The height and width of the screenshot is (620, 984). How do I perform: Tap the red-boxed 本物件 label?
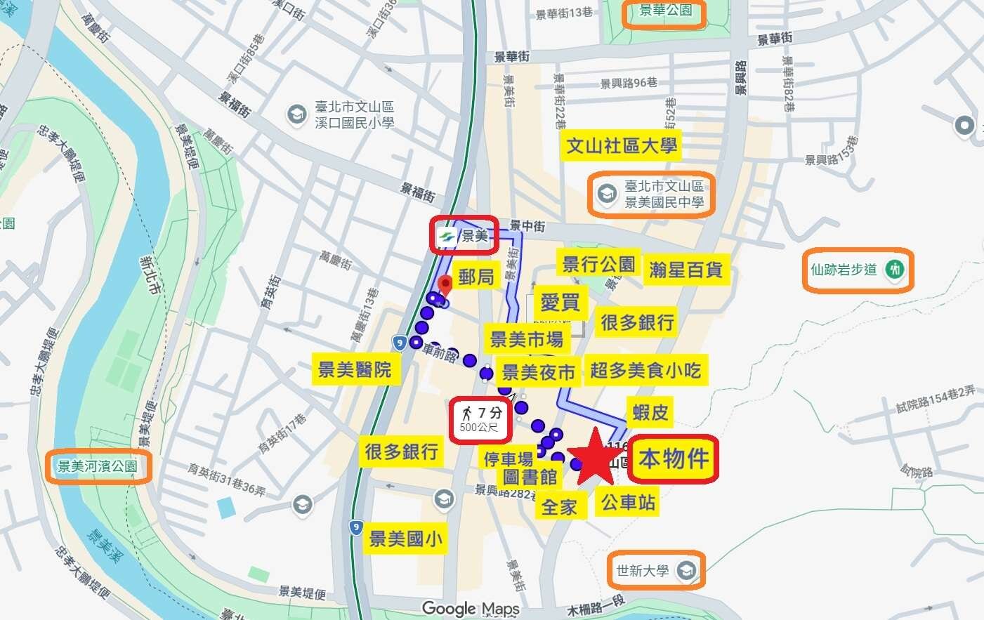(674, 459)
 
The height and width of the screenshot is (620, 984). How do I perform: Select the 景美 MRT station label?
(465, 235)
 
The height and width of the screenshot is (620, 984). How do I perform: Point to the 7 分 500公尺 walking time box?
(480, 420)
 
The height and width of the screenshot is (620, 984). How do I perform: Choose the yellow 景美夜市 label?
(538, 372)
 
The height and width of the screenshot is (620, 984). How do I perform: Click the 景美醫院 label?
(355, 369)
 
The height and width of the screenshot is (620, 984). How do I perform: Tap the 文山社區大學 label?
(622, 146)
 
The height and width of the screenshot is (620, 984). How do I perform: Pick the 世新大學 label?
(655, 570)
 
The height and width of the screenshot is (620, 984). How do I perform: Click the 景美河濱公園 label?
(98, 466)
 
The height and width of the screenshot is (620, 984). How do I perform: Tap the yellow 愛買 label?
(560, 303)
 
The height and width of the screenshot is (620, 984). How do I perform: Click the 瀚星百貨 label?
(685, 270)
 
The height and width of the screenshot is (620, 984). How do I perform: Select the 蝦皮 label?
(650, 412)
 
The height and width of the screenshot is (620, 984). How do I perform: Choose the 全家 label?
(559, 506)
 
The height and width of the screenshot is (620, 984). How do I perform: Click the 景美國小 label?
(406, 539)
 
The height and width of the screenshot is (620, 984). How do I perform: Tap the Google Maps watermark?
(471, 609)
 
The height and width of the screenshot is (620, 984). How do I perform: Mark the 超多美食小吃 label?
(645, 370)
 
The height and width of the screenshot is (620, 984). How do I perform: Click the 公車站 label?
(628, 502)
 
